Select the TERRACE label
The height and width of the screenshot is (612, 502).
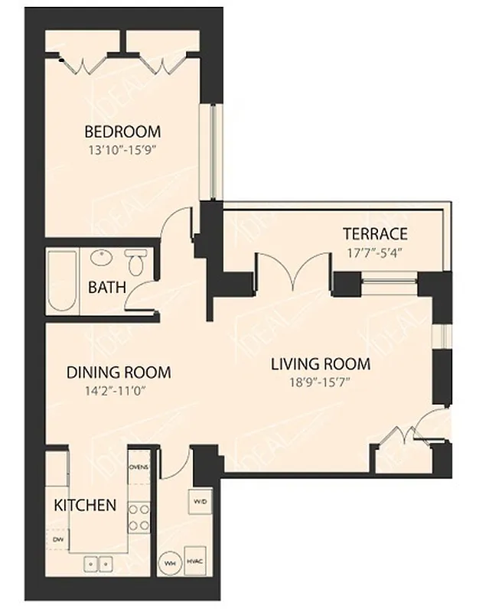374,233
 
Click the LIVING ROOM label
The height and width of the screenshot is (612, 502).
320,363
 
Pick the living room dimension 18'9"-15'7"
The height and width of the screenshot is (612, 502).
320,383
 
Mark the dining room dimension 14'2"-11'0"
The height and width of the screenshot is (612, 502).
118,392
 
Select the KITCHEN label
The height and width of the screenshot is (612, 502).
85,505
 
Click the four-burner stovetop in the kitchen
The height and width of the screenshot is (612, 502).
139,516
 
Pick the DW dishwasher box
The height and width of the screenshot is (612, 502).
57,539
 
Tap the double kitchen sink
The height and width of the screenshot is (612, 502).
98,565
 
